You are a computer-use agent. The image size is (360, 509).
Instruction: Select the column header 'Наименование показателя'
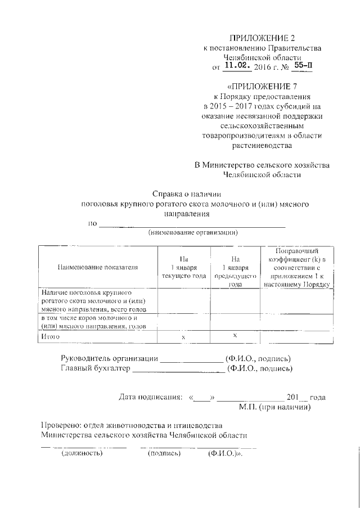pyautogui.click(x=97, y=267)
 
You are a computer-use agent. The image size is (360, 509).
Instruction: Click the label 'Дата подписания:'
pyautogui.click(x=150, y=397)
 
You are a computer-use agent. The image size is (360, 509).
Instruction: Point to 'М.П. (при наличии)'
pyautogui.click(x=274, y=406)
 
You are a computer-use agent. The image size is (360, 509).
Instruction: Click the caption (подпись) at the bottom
pyautogui.click(x=163, y=453)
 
